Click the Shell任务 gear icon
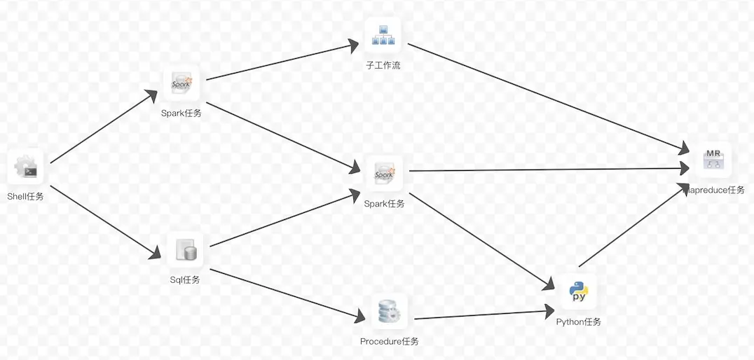click(26, 167)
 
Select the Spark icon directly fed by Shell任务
click(181, 83)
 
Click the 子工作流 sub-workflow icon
click(383, 36)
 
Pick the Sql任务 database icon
click(185, 250)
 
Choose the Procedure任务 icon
click(388, 312)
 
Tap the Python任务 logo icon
click(578, 291)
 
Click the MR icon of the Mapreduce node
click(713, 160)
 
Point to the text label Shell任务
click(25, 197)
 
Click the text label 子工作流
click(383, 66)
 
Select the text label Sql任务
click(185, 280)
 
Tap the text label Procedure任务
click(389, 342)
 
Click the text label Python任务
click(578, 322)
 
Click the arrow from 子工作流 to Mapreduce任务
click(547, 97)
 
